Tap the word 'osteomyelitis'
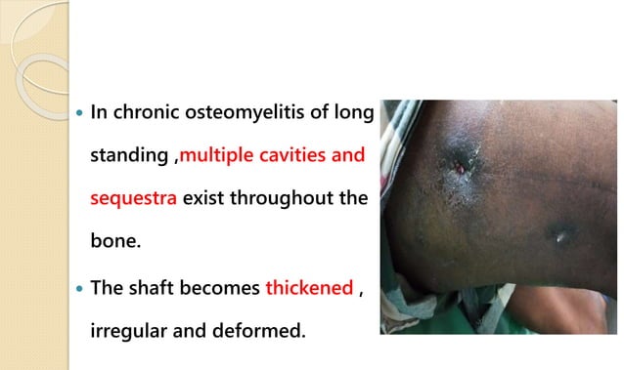[x=236, y=113]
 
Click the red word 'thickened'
[x=310, y=289]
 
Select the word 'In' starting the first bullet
[x=98, y=113]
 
